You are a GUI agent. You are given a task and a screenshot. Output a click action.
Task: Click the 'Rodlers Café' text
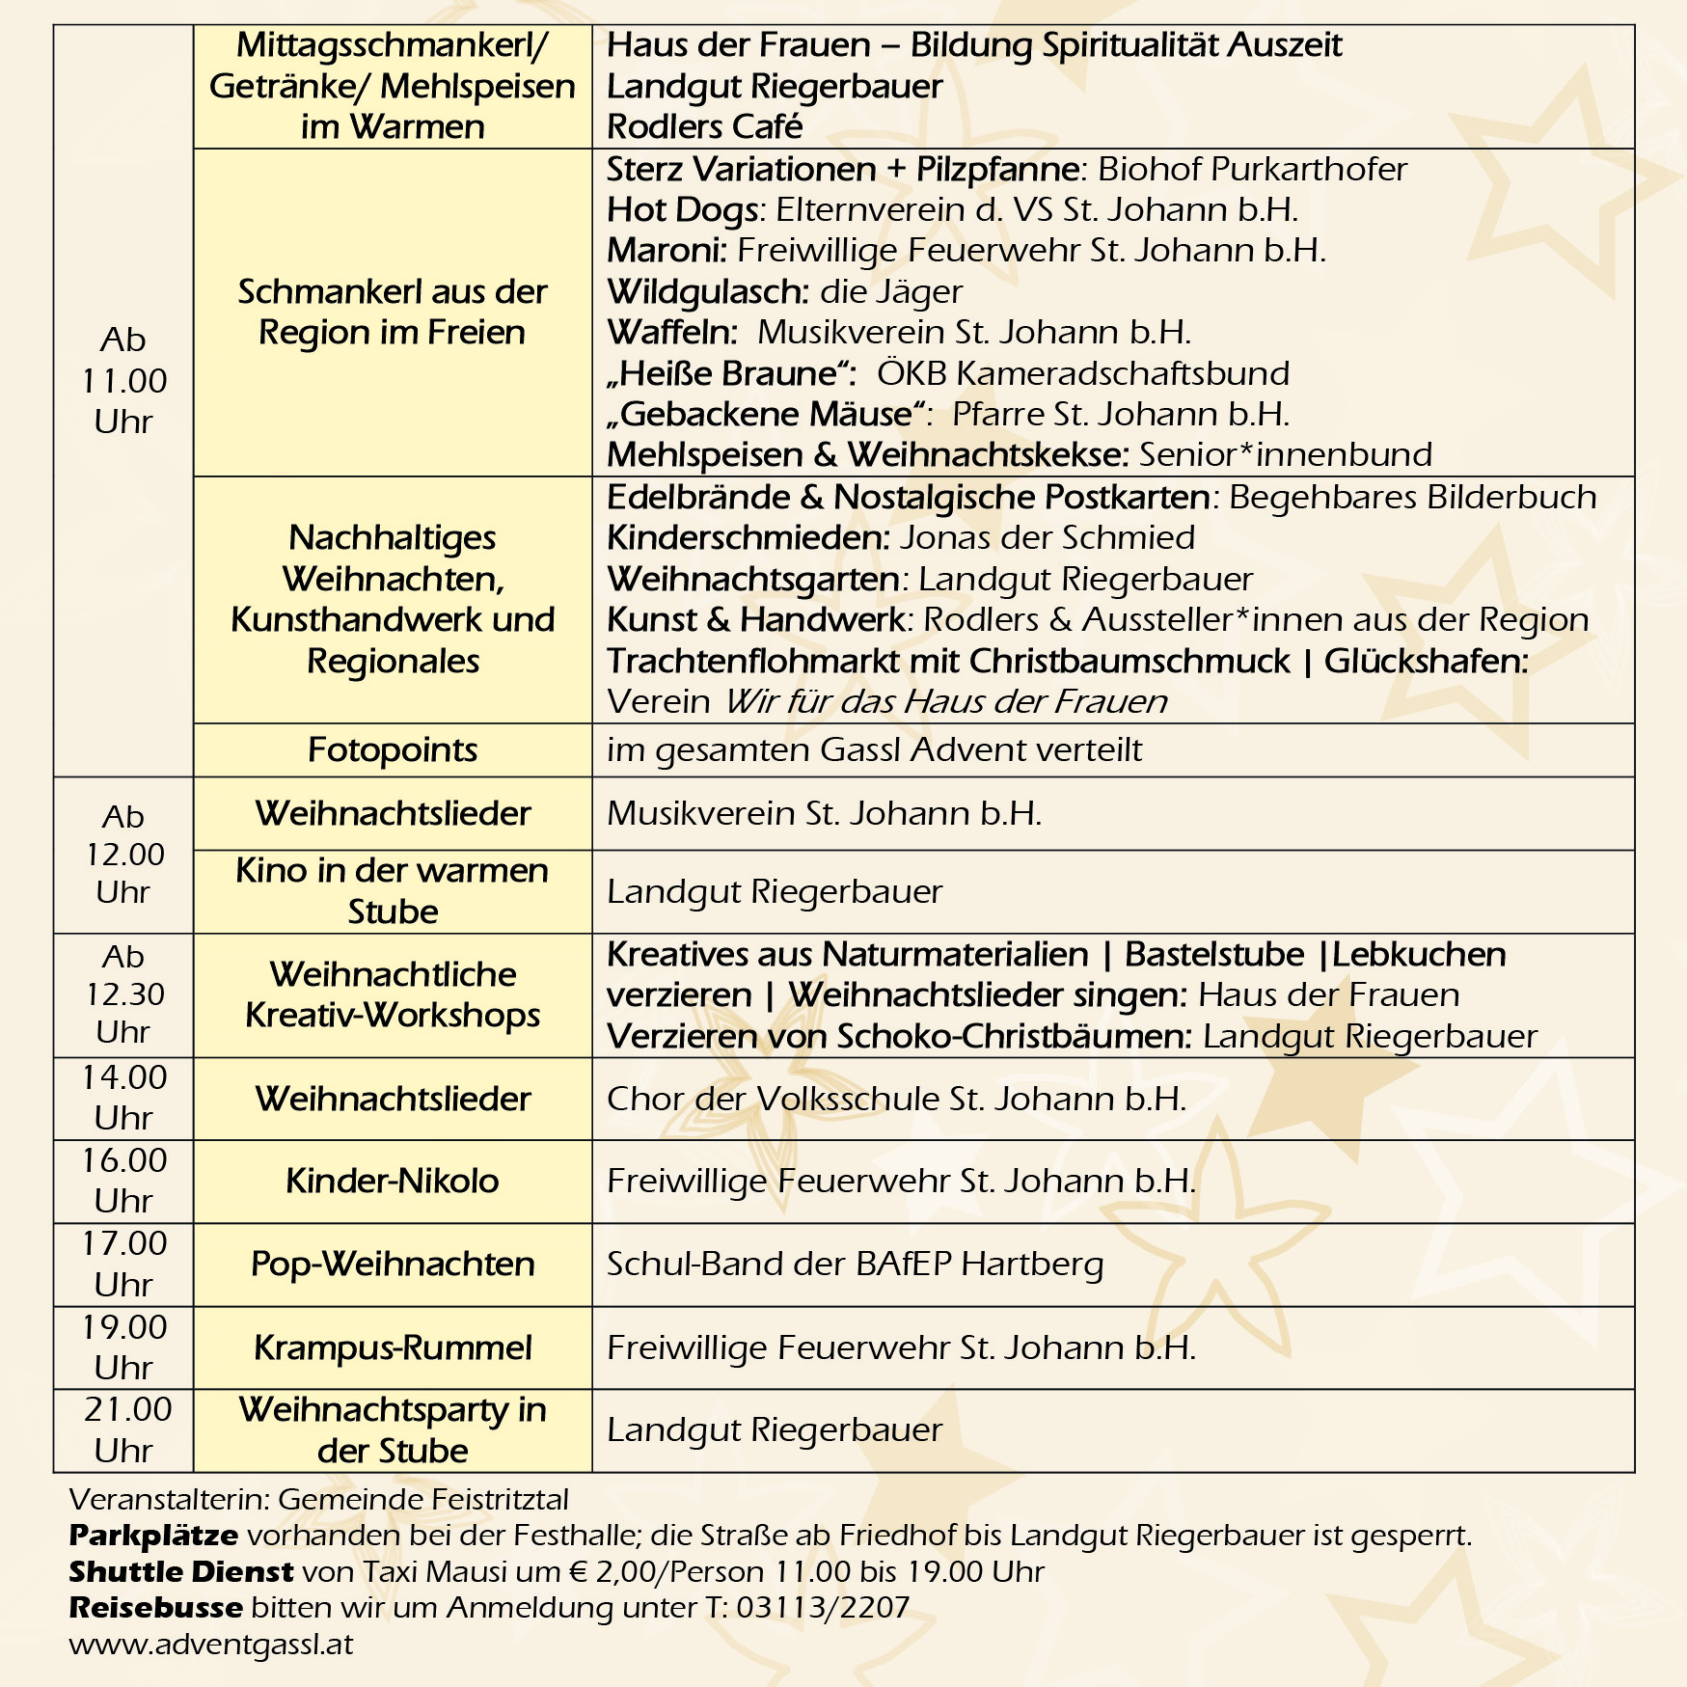[x=704, y=126]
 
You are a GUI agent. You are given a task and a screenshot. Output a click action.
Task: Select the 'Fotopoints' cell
[x=393, y=749]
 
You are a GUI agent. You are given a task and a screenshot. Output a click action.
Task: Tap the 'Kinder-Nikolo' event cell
[x=393, y=1181]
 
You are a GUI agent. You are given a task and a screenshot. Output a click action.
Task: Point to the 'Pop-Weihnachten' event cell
[x=393, y=1264]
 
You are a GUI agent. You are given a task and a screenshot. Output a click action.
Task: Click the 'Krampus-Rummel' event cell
[x=393, y=1347]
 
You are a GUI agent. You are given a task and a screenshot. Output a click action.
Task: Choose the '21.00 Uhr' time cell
[x=124, y=1429]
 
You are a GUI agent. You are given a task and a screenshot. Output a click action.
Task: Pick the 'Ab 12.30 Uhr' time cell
[x=124, y=994]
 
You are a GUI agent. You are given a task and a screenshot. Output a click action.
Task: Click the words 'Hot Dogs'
[x=682, y=209]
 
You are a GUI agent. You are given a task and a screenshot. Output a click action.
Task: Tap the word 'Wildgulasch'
[x=706, y=291]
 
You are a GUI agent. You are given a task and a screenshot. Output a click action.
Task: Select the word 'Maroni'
[x=666, y=251]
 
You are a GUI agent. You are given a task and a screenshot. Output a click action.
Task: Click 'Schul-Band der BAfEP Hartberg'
[x=855, y=1264]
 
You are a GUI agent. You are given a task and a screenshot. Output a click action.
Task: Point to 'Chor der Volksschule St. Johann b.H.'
[x=896, y=1099]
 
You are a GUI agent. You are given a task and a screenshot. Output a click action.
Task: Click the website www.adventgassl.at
[x=211, y=1644]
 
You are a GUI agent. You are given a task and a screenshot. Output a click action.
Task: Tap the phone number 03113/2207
[x=823, y=1607]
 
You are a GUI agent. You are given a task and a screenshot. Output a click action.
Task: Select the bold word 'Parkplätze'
[x=153, y=1535]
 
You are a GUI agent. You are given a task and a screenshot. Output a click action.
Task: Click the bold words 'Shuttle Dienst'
[x=181, y=1571]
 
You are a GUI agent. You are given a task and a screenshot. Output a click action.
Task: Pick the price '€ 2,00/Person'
[x=665, y=1571]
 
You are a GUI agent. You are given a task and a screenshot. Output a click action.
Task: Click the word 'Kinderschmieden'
[x=748, y=537]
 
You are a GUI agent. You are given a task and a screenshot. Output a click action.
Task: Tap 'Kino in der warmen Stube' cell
[x=393, y=890]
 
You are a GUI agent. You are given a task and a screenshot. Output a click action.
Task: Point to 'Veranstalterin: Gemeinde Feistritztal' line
[x=318, y=1499]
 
